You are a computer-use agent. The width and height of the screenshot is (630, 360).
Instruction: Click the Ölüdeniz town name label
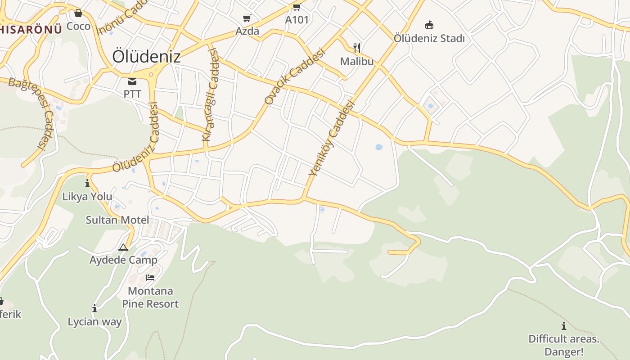[x=146, y=57]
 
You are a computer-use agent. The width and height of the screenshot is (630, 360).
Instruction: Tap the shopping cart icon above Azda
[x=247, y=18]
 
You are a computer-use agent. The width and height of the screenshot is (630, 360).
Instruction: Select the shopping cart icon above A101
[x=297, y=7]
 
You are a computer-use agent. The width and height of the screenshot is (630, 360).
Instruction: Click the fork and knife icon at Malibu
[x=357, y=48]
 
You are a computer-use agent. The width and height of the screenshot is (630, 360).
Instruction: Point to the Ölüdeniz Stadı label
[x=429, y=38]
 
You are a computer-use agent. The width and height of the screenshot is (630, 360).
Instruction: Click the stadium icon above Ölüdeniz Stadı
[x=429, y=25]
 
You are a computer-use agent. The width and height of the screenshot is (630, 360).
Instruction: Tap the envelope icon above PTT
[x=132, y=81]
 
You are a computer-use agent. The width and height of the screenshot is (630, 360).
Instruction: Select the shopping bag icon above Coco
[x=78, y=13]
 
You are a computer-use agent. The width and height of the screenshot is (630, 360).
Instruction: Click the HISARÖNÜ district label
[x=31, y=30]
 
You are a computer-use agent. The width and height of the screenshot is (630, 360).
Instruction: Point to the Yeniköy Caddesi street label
[x=332, y=138]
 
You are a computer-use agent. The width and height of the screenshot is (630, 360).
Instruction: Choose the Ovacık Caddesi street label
[x=294, y=76]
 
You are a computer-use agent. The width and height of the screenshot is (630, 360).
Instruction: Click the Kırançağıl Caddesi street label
[x=211, y=94]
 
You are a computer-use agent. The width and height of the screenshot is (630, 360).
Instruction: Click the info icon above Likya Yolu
[x=87, y=184]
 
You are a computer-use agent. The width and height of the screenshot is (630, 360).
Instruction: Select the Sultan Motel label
[x=117, y=220]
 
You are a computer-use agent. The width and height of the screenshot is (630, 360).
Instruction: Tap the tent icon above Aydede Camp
[x=123, y=247]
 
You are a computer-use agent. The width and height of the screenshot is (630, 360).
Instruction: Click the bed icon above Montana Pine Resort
[x=150, y=278]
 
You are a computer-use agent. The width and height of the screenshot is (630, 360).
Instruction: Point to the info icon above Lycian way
[x=94, y=309]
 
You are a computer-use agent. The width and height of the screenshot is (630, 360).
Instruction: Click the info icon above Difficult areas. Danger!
[x=563, y=326]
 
